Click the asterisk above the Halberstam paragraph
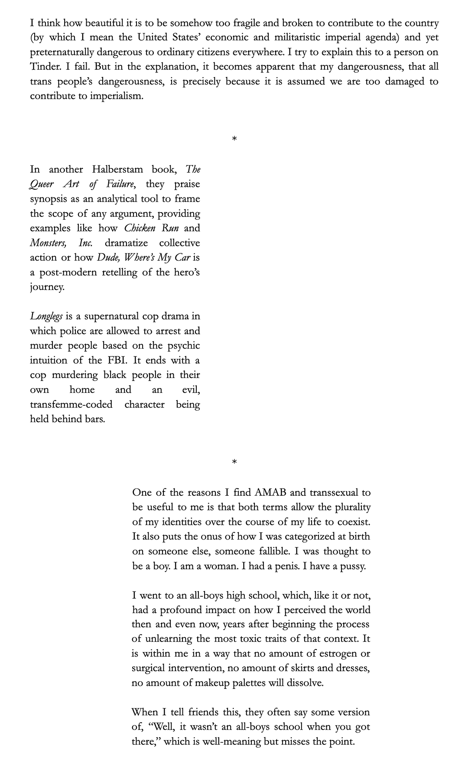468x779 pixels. click(234, 139)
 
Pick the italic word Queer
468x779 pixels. click(42, 184)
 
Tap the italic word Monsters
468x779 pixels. click(48, 243)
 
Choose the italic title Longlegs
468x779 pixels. click(46, 317)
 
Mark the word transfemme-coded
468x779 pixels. click(71, 404)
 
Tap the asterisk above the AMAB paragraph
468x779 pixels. click(234, 462)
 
